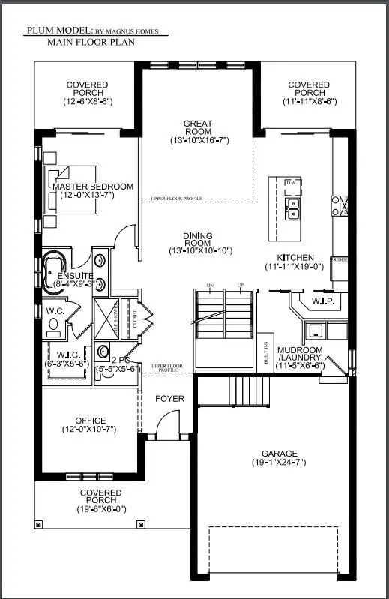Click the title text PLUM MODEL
pos(59,31)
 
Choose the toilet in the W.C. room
pos(53,324)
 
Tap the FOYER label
pos(169,398)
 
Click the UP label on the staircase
pos(239,286)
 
